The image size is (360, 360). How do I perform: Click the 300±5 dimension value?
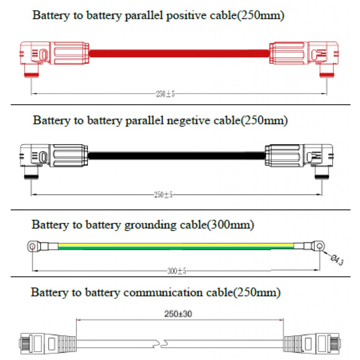pyautogui.click(x=176, y=271)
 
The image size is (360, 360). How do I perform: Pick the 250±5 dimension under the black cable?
pyautogui.click(x=163, y=195)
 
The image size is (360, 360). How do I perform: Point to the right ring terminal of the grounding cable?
pyautogui.click(x=319, y=246)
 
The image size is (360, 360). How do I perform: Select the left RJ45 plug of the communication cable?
pyautogui.click(x=46, y=342)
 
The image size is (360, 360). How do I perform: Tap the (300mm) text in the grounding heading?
pyautogui.click(x=230, y=225)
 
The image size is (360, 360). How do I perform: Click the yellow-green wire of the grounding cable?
pyautogui.click(x=176, y=246)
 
